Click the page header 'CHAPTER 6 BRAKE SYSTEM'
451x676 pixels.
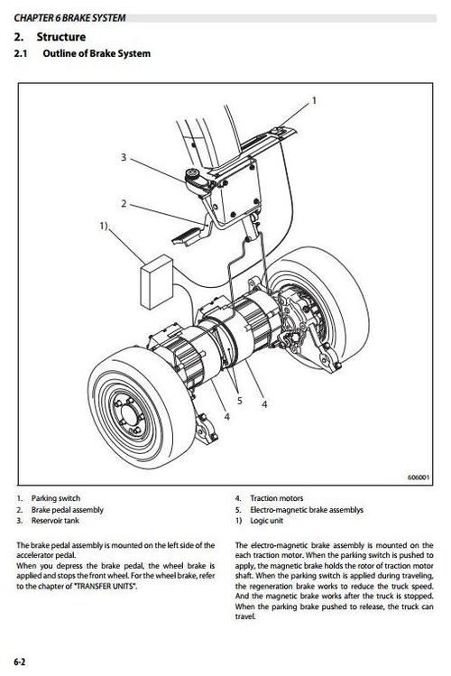[x=69, y=17]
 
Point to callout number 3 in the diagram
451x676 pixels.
[x=124, y=157]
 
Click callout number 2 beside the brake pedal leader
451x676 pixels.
[x=124, y=203]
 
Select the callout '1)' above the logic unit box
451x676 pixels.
[x=105, y=225]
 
